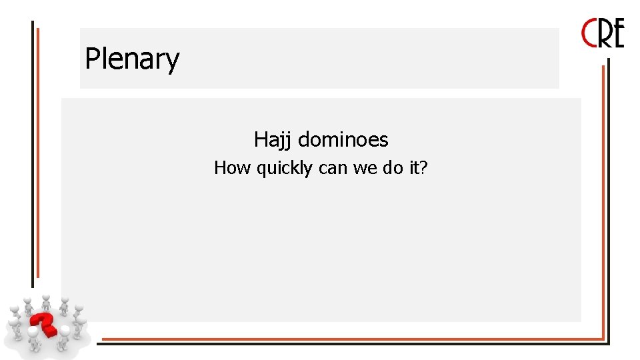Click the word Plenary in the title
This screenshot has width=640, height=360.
tap(132, 59)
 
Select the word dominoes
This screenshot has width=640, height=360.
tap(343, 140)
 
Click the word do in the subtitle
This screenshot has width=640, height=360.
tap(393, 168)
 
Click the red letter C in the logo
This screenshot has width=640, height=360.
tap(590, 33)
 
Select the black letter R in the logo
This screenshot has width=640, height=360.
tap(605, 34)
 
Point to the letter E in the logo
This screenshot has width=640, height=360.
tap(618, 34)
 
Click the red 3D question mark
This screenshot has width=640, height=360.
tap(47, 323)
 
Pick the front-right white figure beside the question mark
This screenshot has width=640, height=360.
tap(65, 336)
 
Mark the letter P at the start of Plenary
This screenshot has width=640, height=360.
tap(91, 59)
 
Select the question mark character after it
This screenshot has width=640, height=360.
tap(423, 168)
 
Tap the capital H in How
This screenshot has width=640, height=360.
tap(219, 168)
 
